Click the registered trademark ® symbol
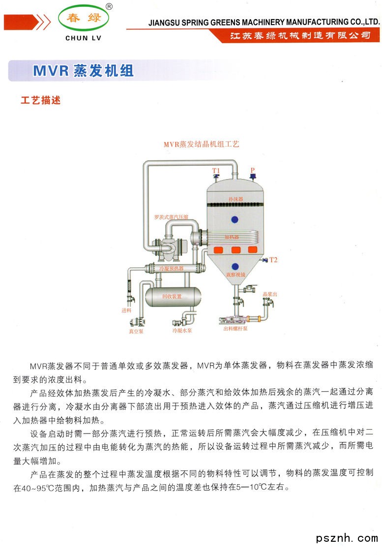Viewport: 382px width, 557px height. tap(109, 6)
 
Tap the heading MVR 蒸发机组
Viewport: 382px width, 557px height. tap(83, 70)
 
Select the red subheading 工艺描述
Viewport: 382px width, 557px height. tap(40, 100)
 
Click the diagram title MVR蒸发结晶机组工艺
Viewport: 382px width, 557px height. tap(202, 145)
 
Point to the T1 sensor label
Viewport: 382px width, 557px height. tap(216, 171)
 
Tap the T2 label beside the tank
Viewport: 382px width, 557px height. tap(273, 260)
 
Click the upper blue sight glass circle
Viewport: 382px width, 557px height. tap(235, 219)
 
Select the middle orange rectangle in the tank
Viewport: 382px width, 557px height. tap(235, 250)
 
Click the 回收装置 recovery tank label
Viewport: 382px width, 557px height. tap(172, 296)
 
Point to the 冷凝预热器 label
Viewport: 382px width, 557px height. tap(171, 269)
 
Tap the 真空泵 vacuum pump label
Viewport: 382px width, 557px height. tap(136, 332)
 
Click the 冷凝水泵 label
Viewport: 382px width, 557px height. tap(182, 331)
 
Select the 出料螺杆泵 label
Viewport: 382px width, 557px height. tap(235, 329)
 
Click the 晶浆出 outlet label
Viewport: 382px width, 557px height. tap(270, 294)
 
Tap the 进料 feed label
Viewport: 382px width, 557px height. tap(126, 310)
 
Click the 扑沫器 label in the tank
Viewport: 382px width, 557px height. tap(235, 199)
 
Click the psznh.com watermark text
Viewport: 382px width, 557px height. tap(347, 538)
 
